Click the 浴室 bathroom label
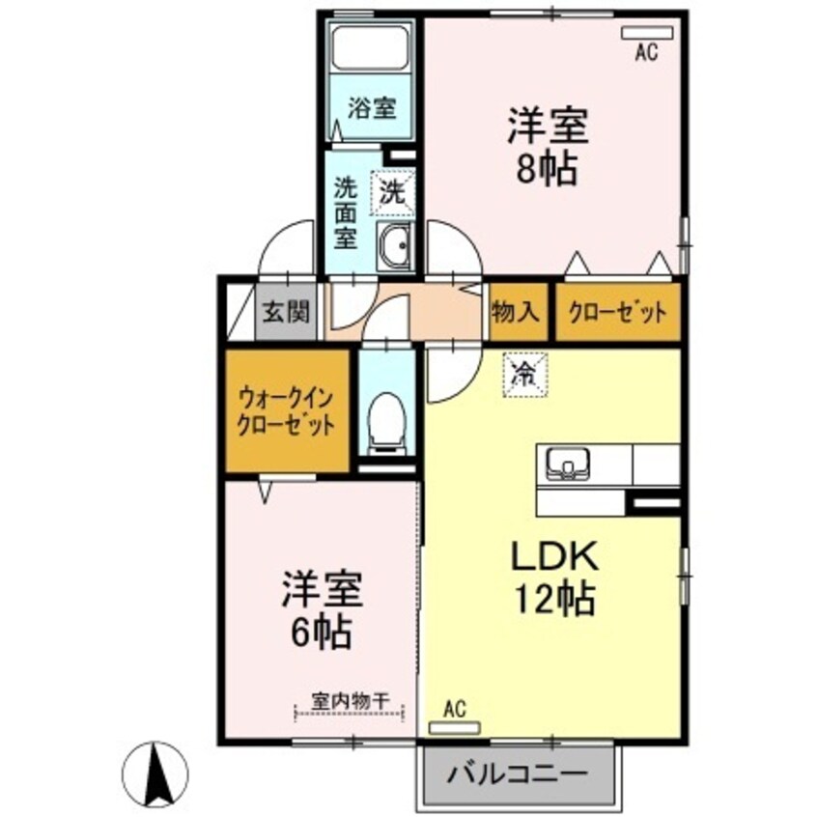[371, 108]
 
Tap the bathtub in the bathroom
[372, 47]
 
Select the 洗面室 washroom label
[346, 210]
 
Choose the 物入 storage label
[516, 312]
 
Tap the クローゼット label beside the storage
[617, 312]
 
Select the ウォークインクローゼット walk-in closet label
[287, 410]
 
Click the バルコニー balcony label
[518, 775]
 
